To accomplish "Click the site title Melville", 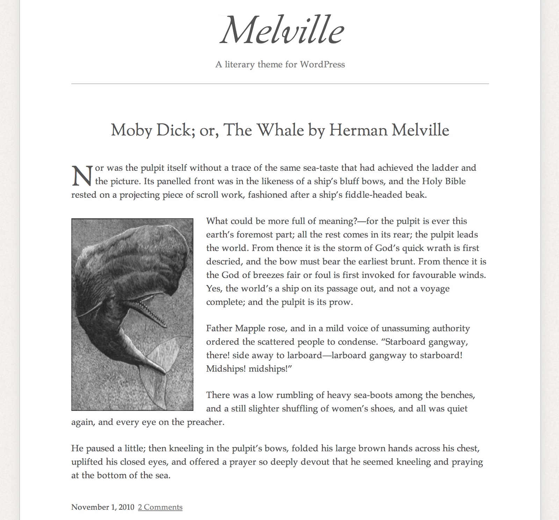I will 282,31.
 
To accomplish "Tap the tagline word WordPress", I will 322,65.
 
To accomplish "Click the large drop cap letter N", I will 82,176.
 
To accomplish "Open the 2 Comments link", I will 160,507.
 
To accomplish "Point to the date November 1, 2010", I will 103,507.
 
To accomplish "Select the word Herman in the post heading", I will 358,130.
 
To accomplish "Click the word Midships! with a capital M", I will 226,369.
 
